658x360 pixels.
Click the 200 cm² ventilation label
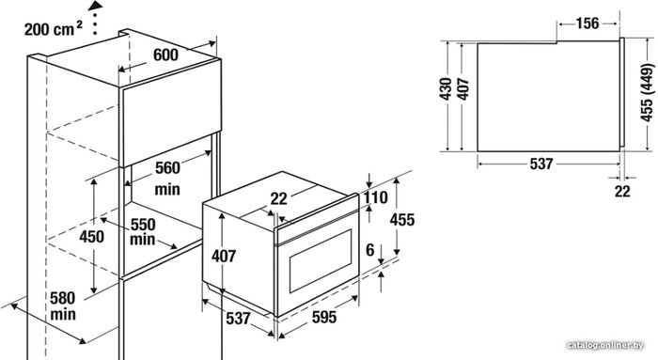point(53,29)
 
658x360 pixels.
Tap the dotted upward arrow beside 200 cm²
point(96,17)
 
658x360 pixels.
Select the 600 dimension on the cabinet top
point(165,55)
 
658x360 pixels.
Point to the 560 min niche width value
point(167,179)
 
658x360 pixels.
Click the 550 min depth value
point(143,231)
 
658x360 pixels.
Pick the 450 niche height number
point(92,237)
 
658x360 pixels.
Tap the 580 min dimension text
point(63,305)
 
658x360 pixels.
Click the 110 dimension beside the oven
point(375,197)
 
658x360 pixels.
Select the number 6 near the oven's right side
point(369,250)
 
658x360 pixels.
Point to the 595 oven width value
point(324,317)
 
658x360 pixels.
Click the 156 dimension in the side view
point(587,23)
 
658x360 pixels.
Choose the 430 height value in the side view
point(446,88)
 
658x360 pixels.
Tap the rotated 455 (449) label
point(647,93)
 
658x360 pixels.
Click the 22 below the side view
point(622,192)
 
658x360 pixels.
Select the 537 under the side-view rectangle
point(541,164)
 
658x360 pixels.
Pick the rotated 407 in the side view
point(462,89)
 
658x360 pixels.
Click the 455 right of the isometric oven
point(401,219)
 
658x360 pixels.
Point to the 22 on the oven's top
point(278,198)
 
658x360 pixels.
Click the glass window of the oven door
point(321,260)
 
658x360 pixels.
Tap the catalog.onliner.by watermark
point(605,345)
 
